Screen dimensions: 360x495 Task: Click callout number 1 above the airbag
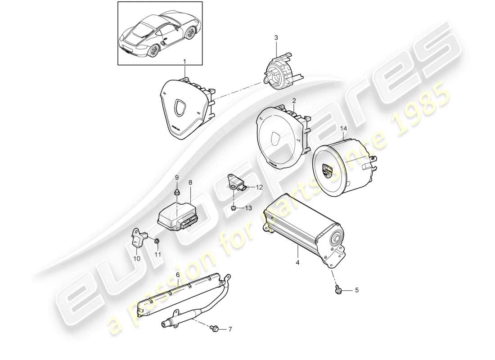click(184, 60)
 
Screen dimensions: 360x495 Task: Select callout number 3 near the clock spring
click(277, 38)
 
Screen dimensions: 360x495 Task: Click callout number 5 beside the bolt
click(357, 291)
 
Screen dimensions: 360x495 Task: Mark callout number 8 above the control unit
click(190, 183)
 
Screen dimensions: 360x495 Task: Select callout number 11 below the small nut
click(158, 255)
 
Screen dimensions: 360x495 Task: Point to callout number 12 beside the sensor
click(259, 187)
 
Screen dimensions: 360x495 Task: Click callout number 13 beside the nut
click(248, 208)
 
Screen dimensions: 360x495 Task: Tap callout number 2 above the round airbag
click(293, 101)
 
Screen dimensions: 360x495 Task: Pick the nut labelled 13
click(233, 208)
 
